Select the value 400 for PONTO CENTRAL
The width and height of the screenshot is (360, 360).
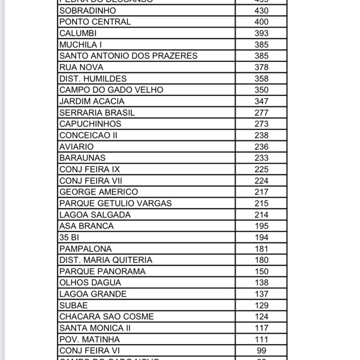(x=261, y=22)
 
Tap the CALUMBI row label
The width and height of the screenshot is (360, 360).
(x=78, y=33)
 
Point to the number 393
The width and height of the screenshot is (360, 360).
(x=261, y=33)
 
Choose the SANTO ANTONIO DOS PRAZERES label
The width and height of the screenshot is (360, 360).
(x=128, y=56)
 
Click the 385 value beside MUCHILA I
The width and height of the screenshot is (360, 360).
(x=261, y=45)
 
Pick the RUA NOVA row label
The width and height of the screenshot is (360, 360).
(x=81, y=67)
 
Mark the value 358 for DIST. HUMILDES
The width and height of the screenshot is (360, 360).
(x=261, y=78)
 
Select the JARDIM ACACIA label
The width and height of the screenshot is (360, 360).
(x=92, y=101)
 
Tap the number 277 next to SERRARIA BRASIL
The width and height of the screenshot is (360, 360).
(x=261, y=112)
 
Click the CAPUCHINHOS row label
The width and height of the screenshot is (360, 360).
(x=90, y=124)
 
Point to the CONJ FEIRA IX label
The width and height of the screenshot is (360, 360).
(x=90, y=169)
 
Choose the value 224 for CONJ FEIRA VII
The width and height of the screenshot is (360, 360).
(x=261, y=181)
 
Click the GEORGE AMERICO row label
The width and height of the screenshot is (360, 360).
(x=98, y=192)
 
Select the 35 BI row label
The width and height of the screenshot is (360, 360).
(x=69, y=237)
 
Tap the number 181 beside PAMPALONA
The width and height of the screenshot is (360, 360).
(x=261, y=249)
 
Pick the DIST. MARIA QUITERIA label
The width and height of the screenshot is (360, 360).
(x=106, y=260)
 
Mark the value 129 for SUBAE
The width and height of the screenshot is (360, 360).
(x=261, y=306)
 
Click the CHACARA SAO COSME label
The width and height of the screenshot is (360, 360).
(x=107, y=317)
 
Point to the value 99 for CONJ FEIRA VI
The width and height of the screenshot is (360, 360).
(x=261, y=351)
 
